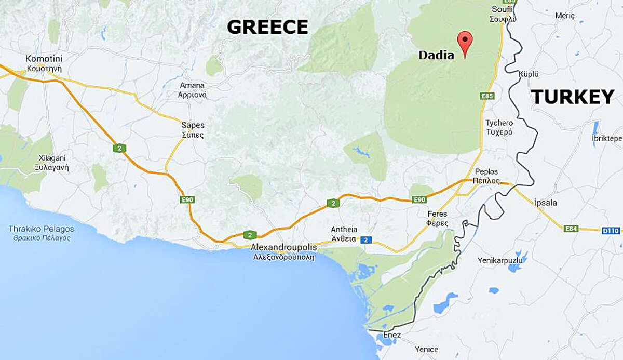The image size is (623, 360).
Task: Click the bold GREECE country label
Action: [x=267, y=27]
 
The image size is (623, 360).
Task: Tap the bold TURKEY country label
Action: [x=572, y=97]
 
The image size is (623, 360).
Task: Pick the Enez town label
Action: [x=392, y=335]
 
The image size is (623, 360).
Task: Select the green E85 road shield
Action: [x=487, y=96]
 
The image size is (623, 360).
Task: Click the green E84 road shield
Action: [x=572, y=228]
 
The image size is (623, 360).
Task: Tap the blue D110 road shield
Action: [x=611, y=230]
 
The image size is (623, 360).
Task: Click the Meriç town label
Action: [x=565, y=16]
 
